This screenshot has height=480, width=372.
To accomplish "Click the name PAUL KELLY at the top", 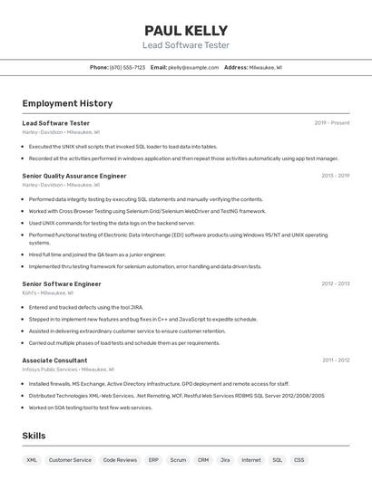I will [x=186, y=30].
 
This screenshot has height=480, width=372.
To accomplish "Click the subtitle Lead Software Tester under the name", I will [x=186, y=45].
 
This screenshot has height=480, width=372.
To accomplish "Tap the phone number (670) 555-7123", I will [x=127, y=67].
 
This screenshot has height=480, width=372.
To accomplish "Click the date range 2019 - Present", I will [x=332, y=123].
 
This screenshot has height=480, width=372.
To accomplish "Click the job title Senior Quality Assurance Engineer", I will [x=74, y=176].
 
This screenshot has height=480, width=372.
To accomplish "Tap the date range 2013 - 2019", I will [x=335, y=176].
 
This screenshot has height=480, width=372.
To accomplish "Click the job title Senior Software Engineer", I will [x=62, y=283].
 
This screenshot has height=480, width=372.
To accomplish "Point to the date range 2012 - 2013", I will [x=335, y=283].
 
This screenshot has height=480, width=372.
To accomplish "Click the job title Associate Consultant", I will [x=55, y=360].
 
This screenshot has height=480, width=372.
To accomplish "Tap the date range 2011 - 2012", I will [x=336, y=360].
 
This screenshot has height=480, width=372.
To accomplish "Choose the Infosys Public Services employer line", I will [x=68, y=370].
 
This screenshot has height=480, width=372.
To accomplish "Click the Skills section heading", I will [x=34, y=436].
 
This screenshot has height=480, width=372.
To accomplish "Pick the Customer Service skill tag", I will [x=70, y=460].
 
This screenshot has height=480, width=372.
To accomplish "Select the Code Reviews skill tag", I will [x=120, y=460].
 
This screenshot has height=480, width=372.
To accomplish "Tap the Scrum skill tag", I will [x=178, y=460].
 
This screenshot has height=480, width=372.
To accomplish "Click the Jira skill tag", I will [x=225, y=460].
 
